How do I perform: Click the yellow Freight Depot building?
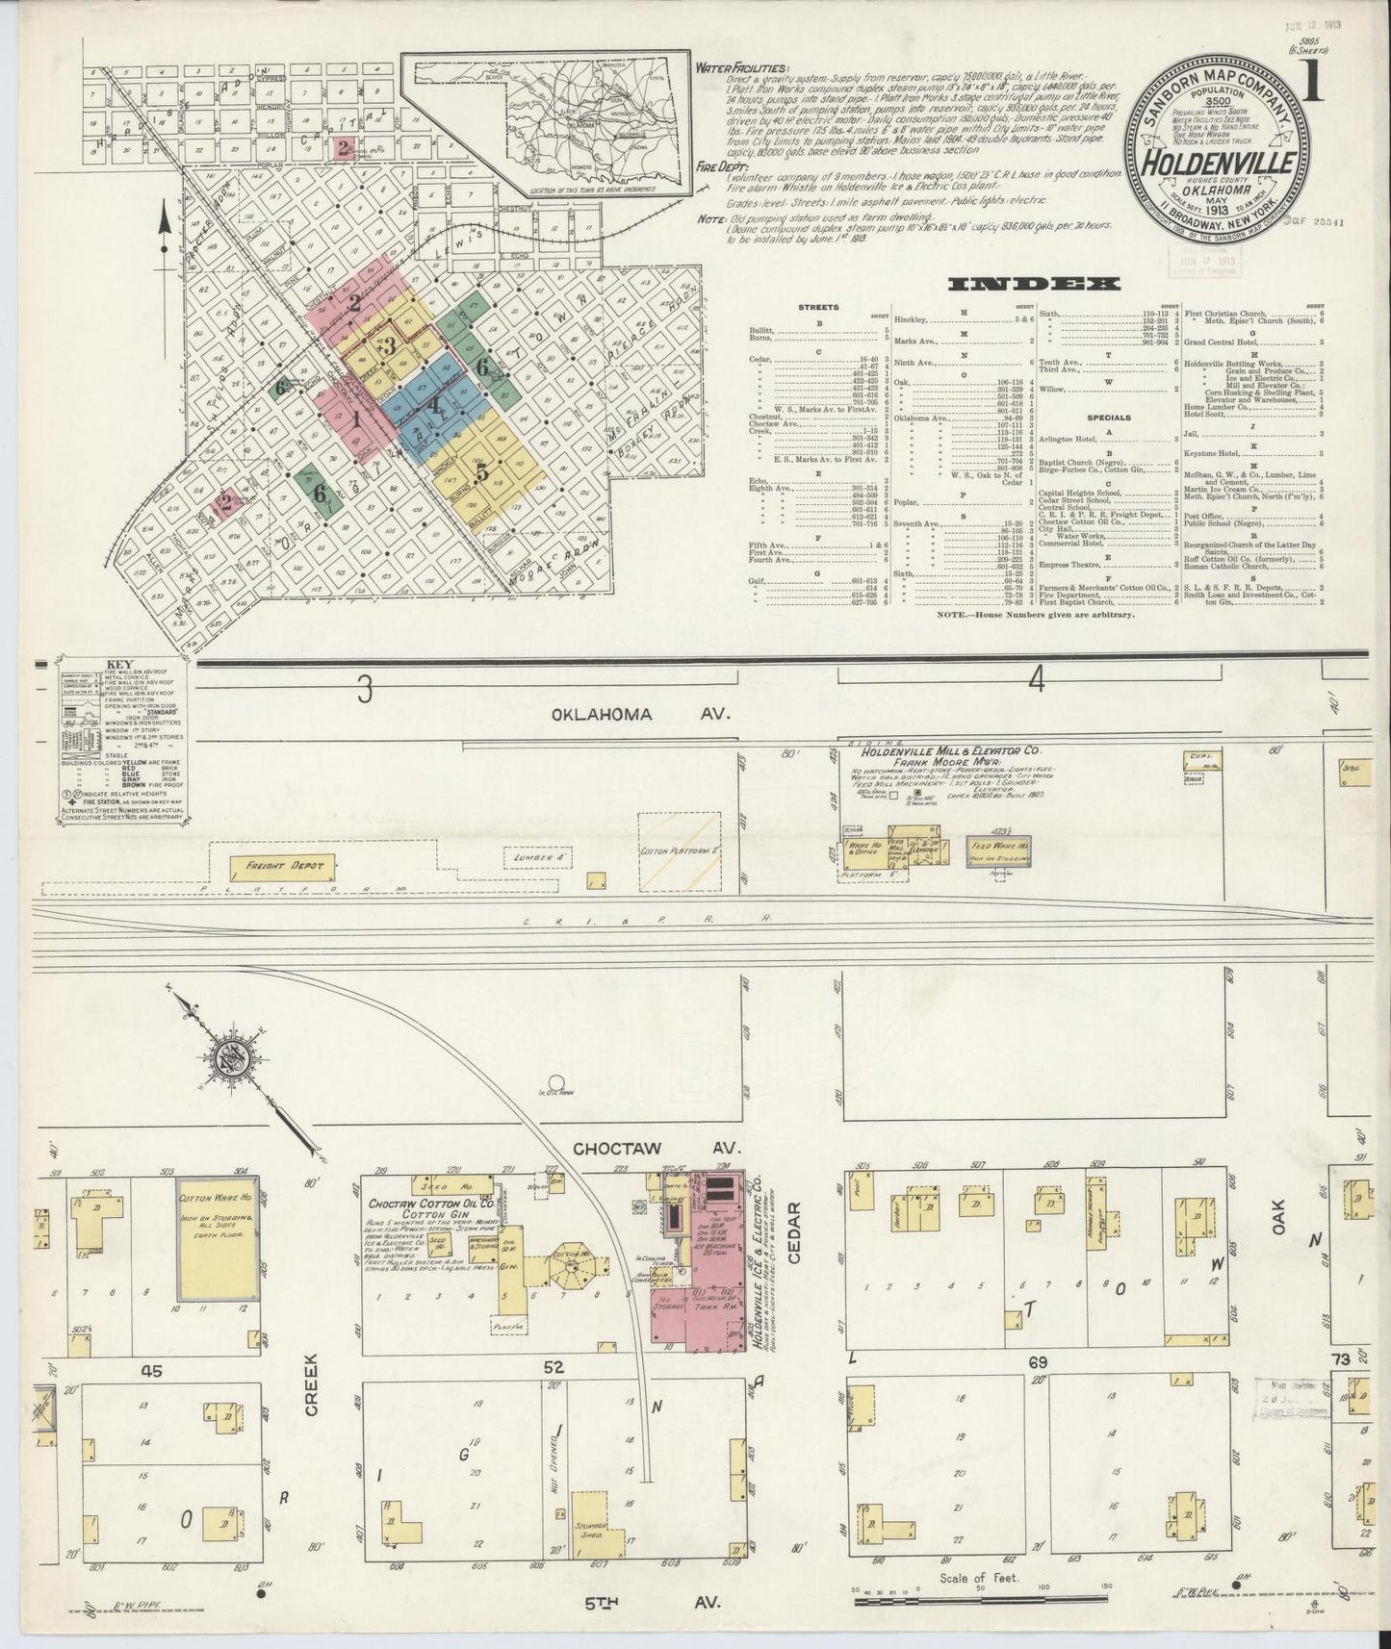click(278, 866)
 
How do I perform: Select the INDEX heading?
click(1034, 283)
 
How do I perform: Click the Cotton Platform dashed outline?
click(680, 850)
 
